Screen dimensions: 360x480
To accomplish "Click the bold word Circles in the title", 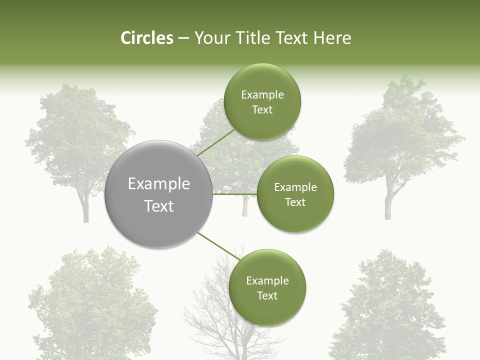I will pyautogui.click(x=146, y=38).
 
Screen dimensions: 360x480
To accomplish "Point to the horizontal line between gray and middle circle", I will pyautogui.click(x=235, y=194).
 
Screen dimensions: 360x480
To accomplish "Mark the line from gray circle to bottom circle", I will pyautogui.click(x=219, y=246).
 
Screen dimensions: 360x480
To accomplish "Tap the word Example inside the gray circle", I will pyautogui.click(x=159, y=184).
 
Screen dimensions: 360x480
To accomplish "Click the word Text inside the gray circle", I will pyautogui.click(x=159, y=206).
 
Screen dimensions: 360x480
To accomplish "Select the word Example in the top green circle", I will pyautogui.click(x=262, y=95).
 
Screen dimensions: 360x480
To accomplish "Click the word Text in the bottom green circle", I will pyautogui.click(x=267, y=295).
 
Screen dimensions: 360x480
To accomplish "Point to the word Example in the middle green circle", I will pyautogui.click(x=295, y=187).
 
